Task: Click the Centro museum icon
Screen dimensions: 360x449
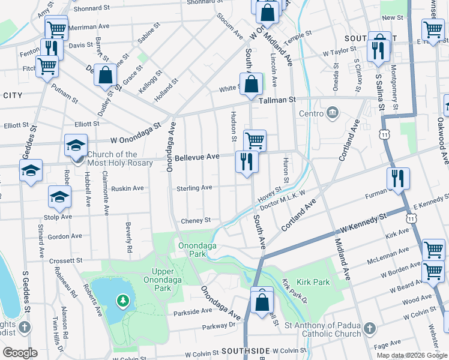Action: [331, 113]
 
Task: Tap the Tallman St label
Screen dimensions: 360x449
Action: [278, 101]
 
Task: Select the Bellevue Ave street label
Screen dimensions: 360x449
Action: [197, 158]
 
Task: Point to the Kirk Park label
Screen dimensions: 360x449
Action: [313, 281]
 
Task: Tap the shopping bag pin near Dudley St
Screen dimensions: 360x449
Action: [106, 76]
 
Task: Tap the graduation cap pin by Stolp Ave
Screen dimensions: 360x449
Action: [59, 196]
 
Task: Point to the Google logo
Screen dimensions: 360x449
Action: [20, 353]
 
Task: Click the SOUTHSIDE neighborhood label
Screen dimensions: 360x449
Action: [245, 350]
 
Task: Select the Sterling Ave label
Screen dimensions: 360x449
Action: [194, 188]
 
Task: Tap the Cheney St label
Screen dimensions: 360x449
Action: [196, 220]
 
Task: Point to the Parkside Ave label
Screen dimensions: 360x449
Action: [193, 311]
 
